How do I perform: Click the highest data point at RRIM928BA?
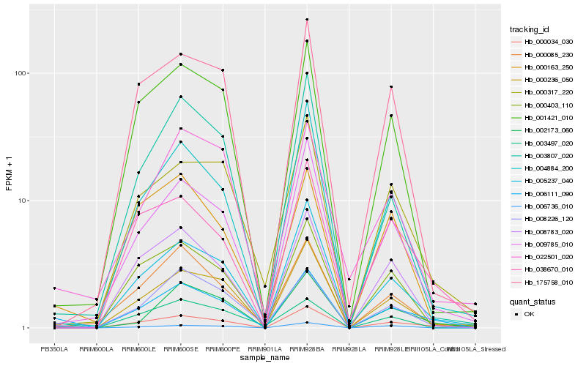pyautogui.click(x=307, y=19)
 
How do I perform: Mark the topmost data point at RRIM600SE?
pyautogui.click(x=180, y=53)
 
